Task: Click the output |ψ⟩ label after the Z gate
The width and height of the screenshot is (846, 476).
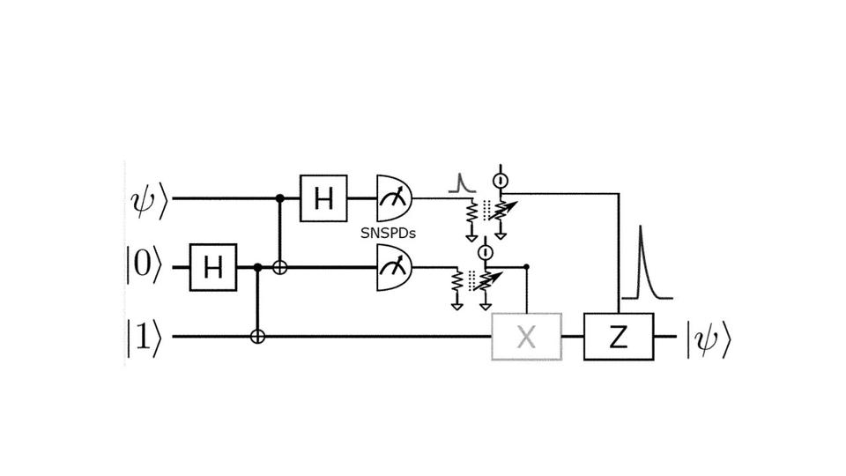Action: [x=709, y=337]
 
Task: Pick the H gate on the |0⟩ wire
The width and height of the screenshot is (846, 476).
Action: [x=212, y=266]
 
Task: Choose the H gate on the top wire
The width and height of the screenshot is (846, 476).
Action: [x=324, y=198]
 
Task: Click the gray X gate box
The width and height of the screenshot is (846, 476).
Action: [x=526, y=337]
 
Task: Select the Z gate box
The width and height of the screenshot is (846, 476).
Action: [x=619, y=337]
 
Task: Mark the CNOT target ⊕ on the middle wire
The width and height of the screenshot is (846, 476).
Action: [x=279, y=266]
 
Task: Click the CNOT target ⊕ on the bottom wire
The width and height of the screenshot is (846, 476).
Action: [x=257, y=337]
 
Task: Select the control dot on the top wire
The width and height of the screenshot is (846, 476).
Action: [x=279, y=198]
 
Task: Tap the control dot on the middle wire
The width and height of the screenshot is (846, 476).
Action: [x=257, y=266]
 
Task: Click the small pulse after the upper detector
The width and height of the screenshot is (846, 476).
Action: [x=459, y=183]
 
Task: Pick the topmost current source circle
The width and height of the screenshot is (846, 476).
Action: [x=500, y=180]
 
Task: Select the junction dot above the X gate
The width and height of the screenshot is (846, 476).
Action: [x=526, y=266]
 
